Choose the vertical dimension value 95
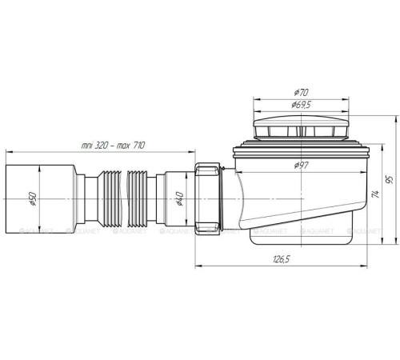pyautogui.click(x=390, y=180)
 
